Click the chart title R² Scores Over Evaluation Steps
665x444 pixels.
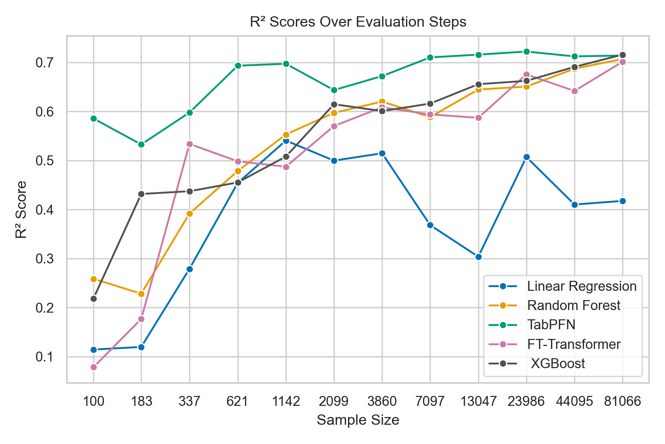click(x=358, y=22)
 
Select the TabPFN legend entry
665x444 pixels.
click(x=551, y=325)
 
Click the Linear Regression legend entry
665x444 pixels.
click(x=582, y=286)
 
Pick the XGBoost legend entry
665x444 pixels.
click(x=557, y=364)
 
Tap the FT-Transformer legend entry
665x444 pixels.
click(x=574, y=344)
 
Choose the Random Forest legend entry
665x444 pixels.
click(x=574, y=306)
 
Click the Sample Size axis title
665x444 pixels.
click(x=358, y=420)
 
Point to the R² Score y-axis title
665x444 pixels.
click(x=21, y=209)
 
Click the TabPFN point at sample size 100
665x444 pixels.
click(x=93, y=119)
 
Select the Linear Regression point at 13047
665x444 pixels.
click(x=478, y=257)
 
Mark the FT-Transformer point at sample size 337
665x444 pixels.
click(x=190, y=144)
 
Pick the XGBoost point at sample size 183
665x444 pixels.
click(x=141, y=194)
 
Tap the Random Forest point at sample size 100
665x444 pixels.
click(x=93, y=279)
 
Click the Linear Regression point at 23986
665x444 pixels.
click(x=526, y=157)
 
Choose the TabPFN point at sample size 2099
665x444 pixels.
click(x=334, y=90)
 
